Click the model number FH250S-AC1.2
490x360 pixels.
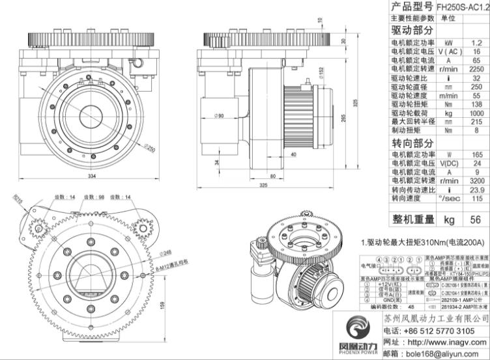pos(463,7)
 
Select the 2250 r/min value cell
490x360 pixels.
pos(476,68)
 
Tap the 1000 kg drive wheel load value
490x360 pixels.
pos(476,113)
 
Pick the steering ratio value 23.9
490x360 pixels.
pos(476,189)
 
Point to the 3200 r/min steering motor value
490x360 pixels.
pos(476,181)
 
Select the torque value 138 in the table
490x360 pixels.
pos(476,104)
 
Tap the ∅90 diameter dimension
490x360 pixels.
pos(200,116)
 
